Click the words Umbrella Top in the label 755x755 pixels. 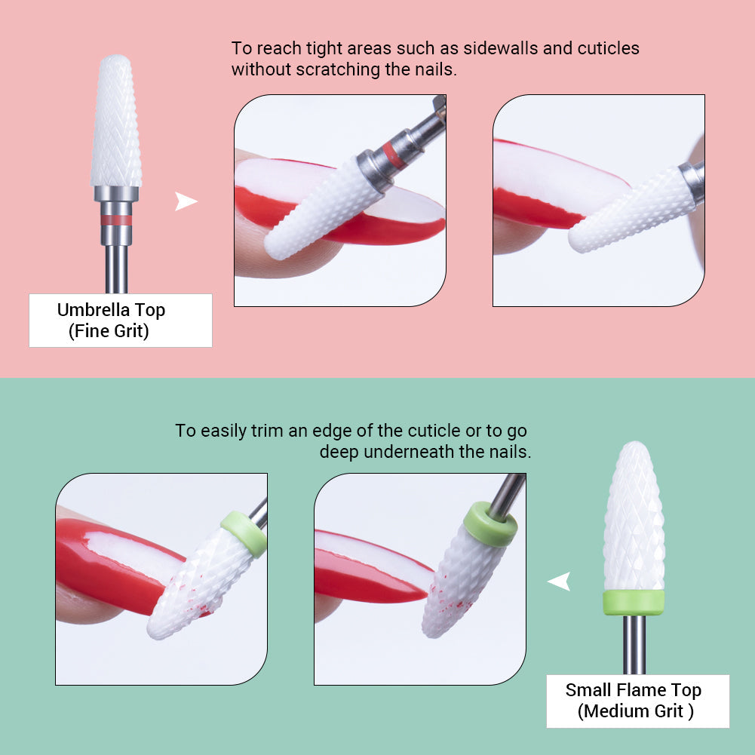click(x=111, y=310)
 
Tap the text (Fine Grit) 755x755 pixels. click(x=109, y=331)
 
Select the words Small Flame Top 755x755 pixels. click(x=634, y=690)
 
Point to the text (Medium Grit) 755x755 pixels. click(x=636, y=710)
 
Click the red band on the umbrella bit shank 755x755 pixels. click(x=116, y=220)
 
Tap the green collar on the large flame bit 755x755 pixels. click(x=634, y=602)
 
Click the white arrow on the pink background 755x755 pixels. click(x=186, y=201)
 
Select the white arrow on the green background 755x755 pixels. click(x=558, y=582)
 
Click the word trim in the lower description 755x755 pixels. click(x=284, y=431)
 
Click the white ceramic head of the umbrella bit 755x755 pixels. click(x=116, y=121)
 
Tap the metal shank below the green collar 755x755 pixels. click(x=634, y=645)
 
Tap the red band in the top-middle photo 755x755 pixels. click(x=391, y=154)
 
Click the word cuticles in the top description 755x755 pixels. click(x=608, y=48)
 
